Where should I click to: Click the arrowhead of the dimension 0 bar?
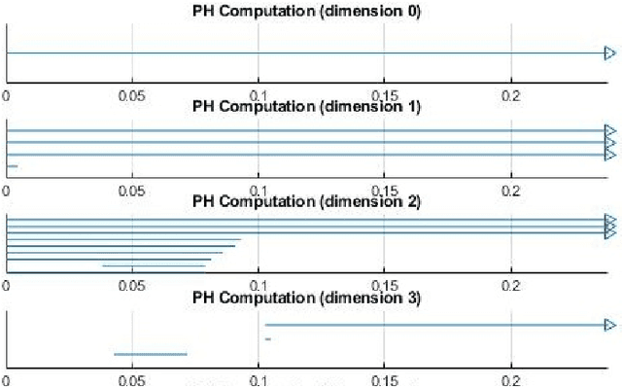pyautogui.click(x=609, y=53)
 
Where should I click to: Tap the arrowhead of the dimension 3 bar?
pyautogui.click(x=609, y=325)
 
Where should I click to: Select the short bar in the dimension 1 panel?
pyautogui.click(x=13, y=166)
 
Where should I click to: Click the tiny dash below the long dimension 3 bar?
pyautogui.click(x=267, y=338)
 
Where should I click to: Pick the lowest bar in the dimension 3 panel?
pyautogui.click(x=151, y=354)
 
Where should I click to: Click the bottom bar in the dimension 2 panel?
pyautogui.click(x=154, y=265)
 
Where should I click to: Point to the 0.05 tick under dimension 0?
pyautogui.click(x=131, y=95)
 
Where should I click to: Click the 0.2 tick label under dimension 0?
pyautogui.click(x=511, y=95)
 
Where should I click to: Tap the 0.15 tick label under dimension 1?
pyautogui.click(x=385, y=192)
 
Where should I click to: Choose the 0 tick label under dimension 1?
pyautogui.click(x=8, y=192)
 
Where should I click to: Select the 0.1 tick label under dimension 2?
pyautogui.click(x=259, y=287)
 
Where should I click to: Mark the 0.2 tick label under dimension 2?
pyautogui.click(x=511, y=287)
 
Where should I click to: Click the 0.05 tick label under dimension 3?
pyautogui.click(x=131, y=380)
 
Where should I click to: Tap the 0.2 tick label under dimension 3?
pyautogui.click(x=511, y=380)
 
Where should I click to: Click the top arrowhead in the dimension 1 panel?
pyautogui.click(x=609, y=131)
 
